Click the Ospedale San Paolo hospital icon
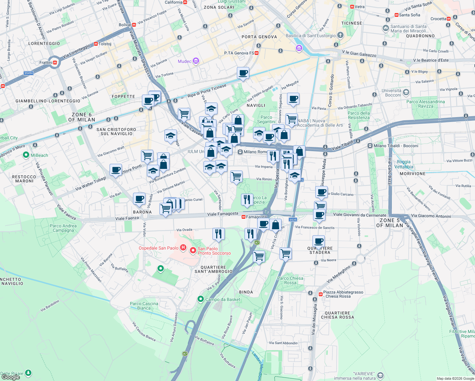click(183, 248)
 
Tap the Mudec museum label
click(185, 61)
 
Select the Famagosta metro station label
click(256, 217)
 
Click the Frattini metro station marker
click(55, 63)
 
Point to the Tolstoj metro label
click(105, 44)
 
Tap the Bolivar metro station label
click(125, 25)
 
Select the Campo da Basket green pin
click(200, 299)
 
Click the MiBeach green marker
click(26, 155)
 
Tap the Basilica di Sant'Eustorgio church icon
click(340, 35)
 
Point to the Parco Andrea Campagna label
click(63, 228)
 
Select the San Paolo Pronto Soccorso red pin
click(193, 251)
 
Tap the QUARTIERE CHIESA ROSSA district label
click(337, 315)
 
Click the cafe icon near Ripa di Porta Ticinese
click(243, 73)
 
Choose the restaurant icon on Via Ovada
click(218, 234)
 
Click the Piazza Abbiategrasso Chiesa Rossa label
click(343, 294)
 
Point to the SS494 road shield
click(29, 73)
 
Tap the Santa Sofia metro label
click(409, 15)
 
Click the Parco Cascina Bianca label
click(144, 306)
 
